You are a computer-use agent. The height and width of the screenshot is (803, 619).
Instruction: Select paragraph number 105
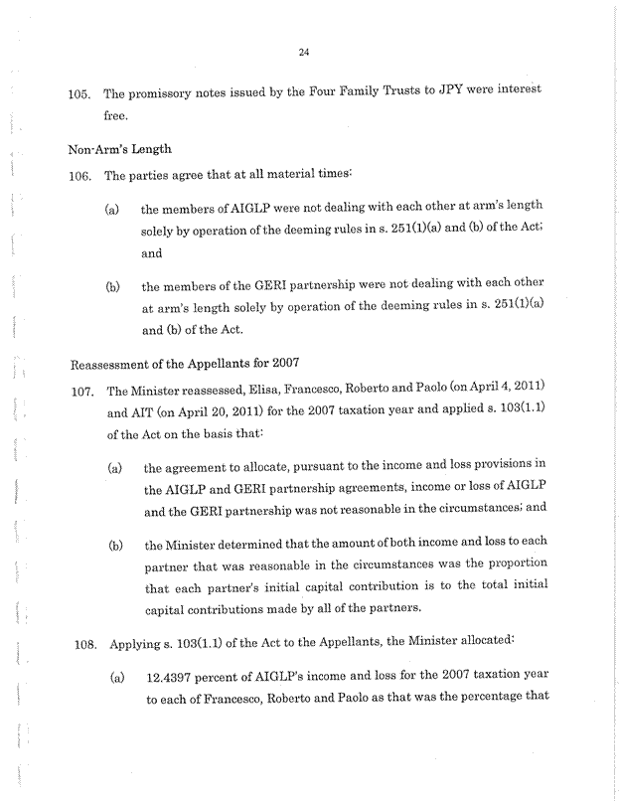(79, 94)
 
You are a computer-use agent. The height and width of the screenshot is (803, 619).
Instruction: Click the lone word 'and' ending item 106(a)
(151, 253)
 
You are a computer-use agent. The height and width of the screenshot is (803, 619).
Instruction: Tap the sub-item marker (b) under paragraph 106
(113, 289)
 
